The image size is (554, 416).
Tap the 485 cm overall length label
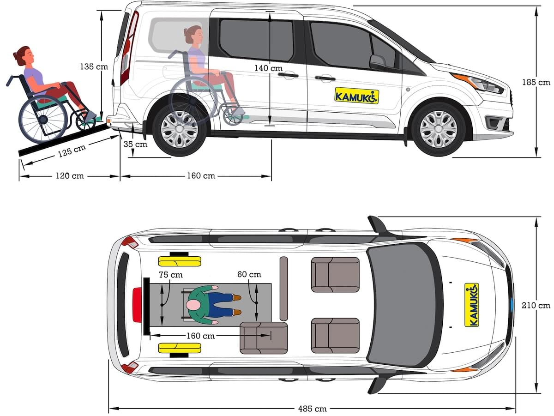coord(313,409)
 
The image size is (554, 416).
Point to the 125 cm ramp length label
coord(72,151)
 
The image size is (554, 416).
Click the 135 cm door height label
coord(94,66)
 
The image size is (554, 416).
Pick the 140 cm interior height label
coord(268,68)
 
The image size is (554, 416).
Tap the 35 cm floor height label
coord(135,144)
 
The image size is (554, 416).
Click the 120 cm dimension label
coord(70,176)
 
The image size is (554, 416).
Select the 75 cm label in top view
coord(170,275)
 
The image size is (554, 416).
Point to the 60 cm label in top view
coord(249,275)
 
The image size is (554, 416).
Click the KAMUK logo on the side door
coord(356,96)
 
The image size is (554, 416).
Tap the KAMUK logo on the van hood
coord(471,305)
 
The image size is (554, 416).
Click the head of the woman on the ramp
coord(24,56)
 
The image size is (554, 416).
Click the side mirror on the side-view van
coord(377,61)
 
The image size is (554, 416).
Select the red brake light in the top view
coord(137,305)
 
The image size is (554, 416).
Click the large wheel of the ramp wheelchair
coord(43,120)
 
